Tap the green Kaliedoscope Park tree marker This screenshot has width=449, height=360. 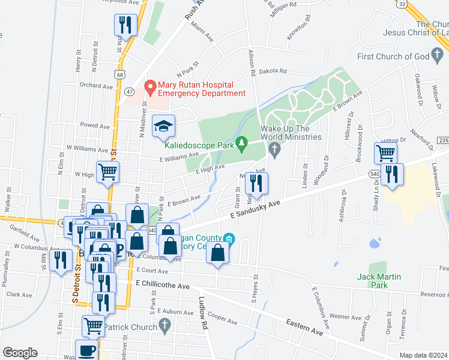tap(241, 143)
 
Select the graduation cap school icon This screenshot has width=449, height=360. tap(163, 126)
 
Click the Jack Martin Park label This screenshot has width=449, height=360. tap(378, 281)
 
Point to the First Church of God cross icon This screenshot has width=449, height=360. tap(439, 57)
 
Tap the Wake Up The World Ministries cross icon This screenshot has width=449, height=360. tap(274, 149)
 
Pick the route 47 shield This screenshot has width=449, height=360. tap(129, 91)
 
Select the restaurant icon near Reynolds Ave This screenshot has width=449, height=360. tap(125, 24)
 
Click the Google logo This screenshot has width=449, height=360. tap(20, 352)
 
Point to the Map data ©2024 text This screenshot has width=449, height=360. tap(423, 355)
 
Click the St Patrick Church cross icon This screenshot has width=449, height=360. tap(165, 326)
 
